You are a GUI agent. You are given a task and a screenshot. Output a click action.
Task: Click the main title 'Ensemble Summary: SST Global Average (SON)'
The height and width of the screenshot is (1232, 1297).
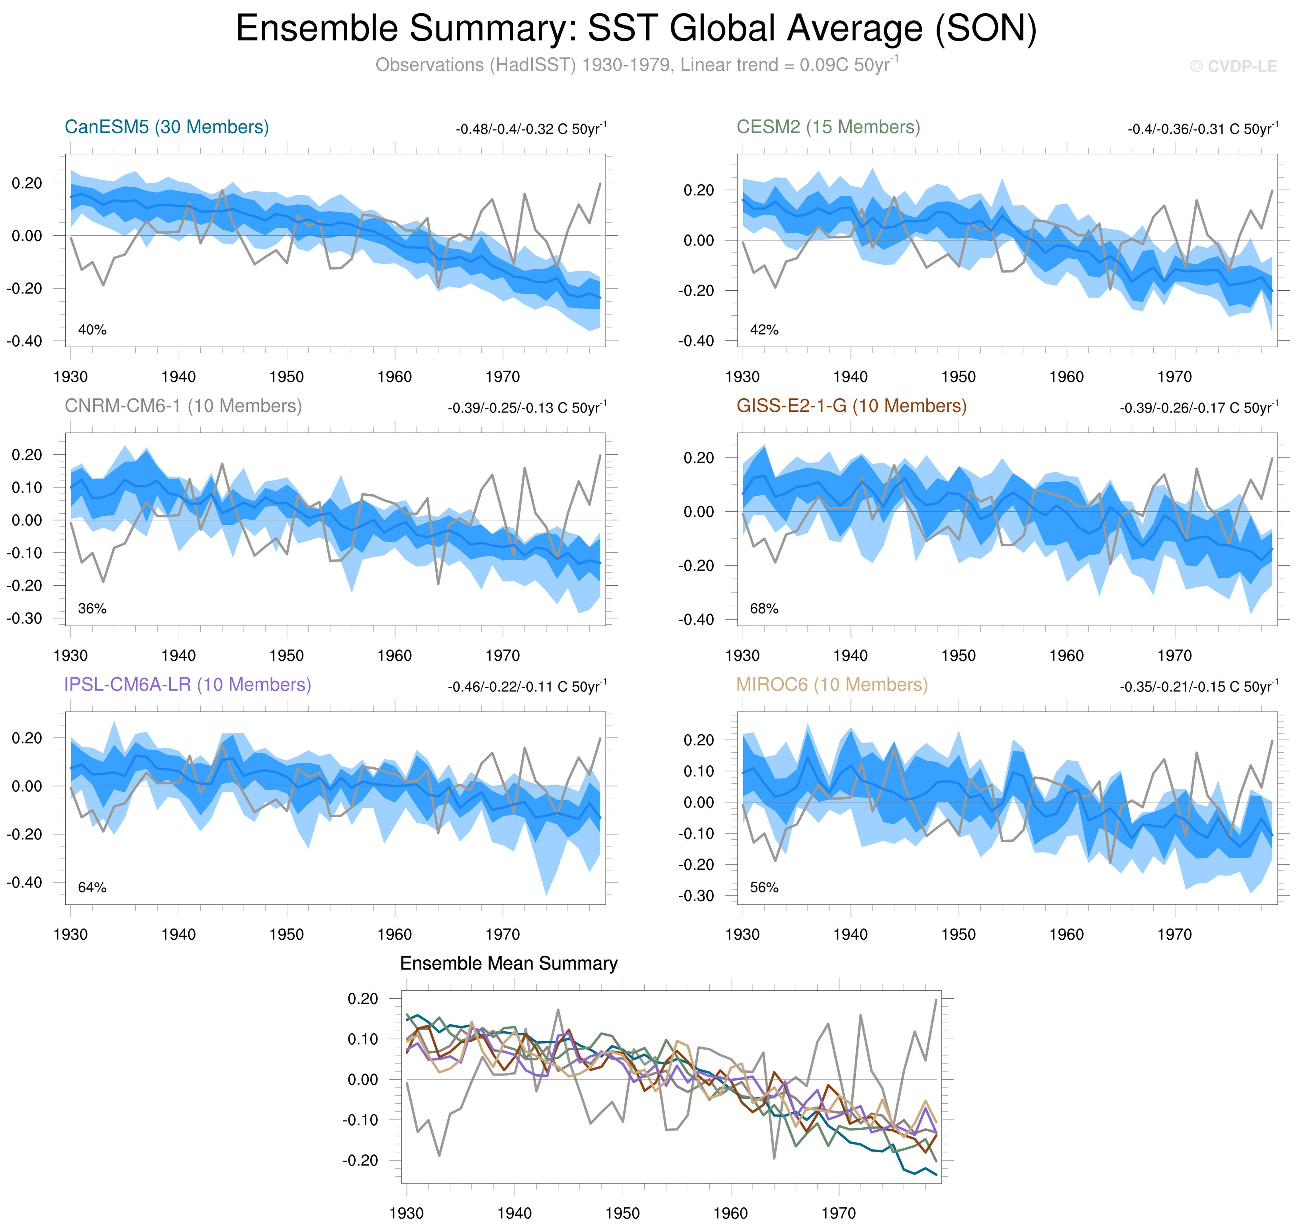click(x=636, y=29)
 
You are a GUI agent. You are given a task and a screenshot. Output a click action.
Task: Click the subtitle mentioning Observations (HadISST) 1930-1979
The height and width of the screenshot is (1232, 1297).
click(x=636, y=65)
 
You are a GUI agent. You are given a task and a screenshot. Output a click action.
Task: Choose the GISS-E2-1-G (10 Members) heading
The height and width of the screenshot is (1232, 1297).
click(x=851, y=406)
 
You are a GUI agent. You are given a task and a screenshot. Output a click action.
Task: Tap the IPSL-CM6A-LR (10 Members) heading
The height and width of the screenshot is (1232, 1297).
click(x=187, y=684)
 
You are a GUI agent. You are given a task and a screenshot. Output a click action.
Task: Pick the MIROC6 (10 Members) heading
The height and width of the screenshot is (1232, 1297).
click(x=831, y=684)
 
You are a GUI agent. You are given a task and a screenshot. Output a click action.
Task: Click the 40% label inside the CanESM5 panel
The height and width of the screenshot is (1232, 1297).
click(x=92, y=330)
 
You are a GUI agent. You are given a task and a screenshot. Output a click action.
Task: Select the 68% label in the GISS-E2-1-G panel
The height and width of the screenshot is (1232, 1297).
click(x=764, y=609)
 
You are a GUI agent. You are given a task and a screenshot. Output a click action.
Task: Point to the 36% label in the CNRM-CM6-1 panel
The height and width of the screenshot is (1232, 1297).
click(x=92, y=609)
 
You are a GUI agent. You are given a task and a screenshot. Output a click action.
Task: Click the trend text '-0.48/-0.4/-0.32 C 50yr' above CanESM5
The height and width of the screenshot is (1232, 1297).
click(x=530, y=129)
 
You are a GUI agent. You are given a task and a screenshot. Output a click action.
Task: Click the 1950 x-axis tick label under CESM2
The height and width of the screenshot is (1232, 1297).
click(x=958, y=377)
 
